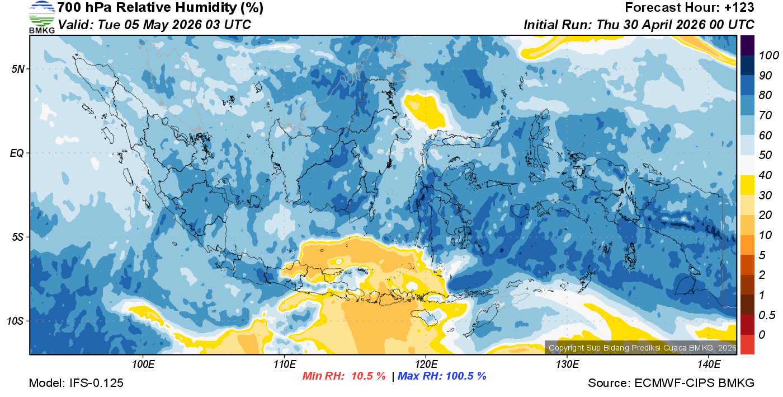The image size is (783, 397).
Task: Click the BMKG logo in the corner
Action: pos(41,17)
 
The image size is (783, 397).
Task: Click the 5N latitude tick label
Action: pos(17,69)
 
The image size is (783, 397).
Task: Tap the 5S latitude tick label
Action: pos(17,237)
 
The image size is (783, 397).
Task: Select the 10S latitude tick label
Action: pos(15,321)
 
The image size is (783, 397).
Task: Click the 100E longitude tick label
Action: pos(143,365)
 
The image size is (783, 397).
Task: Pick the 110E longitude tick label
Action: pos(284,365)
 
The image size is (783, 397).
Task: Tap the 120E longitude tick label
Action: pos(426,365)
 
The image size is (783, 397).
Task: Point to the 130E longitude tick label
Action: pos(567,365)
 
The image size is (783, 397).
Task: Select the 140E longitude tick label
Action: pos(709,365)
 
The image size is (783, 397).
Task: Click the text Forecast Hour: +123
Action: pos(690,8)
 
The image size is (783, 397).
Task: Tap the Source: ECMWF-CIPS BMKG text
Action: pos(671,383)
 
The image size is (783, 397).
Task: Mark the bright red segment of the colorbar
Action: pos(748,344)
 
